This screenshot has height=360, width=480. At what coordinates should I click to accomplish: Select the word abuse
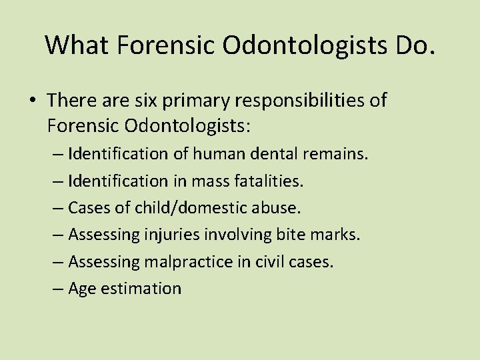277,208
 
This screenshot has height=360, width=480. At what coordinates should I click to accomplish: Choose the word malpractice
193,261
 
